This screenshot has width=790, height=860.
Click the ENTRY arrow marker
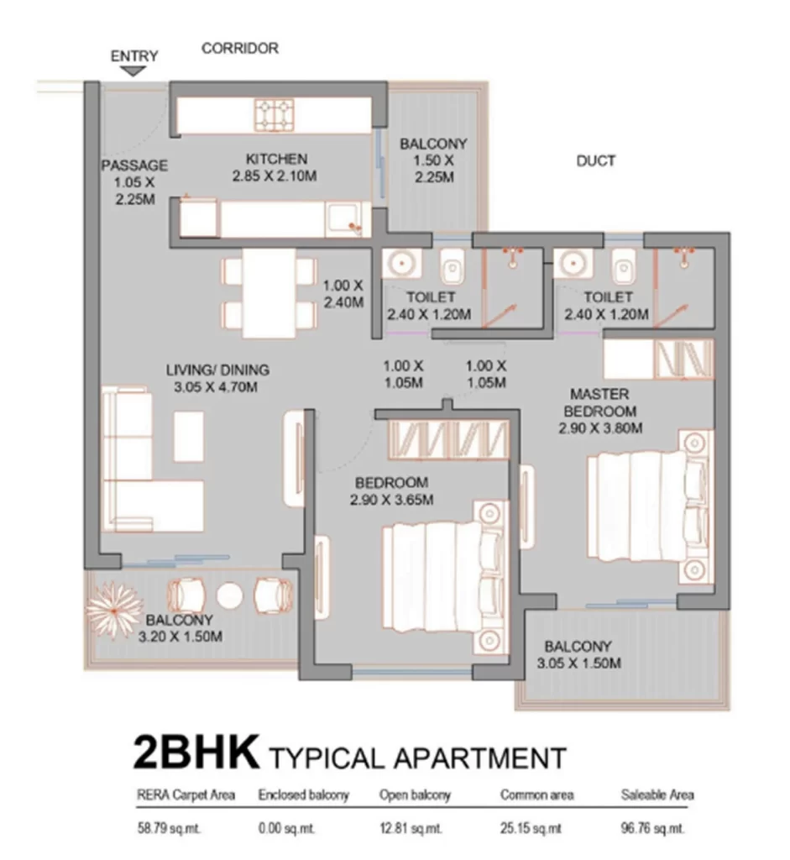point(133,71)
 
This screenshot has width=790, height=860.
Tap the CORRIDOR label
point(240,48)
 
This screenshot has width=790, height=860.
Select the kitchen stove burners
point(275,114)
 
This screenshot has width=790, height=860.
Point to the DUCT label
point(596,160)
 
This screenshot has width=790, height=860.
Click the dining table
point(269,293)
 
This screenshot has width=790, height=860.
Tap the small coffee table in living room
point(189,436)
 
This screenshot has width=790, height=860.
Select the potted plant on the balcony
point(114,609)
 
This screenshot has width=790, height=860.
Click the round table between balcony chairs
point(229,595)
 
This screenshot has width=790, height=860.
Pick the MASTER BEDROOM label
point(599,402)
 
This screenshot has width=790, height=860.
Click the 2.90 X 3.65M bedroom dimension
point(391,500)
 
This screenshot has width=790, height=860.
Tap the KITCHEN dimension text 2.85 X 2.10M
point(275,176)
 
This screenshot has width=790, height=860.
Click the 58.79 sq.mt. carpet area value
point(169,828)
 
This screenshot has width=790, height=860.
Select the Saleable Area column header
point(657,794)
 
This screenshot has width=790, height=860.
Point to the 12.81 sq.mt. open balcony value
point(411,828)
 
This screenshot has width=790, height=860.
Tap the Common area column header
point(536,794)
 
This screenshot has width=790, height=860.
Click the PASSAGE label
point(134,165)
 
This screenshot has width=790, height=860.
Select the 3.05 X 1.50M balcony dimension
point(579,663)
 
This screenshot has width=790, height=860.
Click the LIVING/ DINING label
point(217,370)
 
